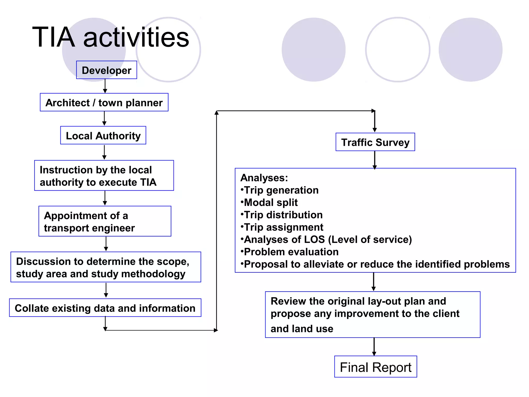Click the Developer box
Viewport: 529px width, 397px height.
click(x=106, y=70)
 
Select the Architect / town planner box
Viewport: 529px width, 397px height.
click(x=104, y=102)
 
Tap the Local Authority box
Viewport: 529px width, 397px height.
click(x=103, y=135)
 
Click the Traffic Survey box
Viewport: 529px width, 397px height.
click(x=375, y=142)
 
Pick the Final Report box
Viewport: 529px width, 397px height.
click(x=375, y=367)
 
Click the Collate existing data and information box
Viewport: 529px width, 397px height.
click(x=105, y=308)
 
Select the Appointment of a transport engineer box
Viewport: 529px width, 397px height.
click(x=105, y=221)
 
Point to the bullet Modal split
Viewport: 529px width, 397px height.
click(x=270, y=202)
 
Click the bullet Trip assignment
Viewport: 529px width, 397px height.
click(x=283, y=227)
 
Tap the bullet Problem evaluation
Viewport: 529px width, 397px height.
click(x=291, y=252)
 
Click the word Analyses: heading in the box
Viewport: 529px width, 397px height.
click(x=264, y=178)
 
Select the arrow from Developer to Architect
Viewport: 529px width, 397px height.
click(x=105, y=86)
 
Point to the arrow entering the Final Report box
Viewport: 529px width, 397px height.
click(x=374, y=347)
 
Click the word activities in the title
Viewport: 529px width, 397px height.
click(x=136, y=38)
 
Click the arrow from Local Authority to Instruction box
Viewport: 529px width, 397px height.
click(x=104, y=152)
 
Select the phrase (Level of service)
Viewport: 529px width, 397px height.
click(x=370, y=240)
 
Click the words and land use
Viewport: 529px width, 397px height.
click(x=302, y=329)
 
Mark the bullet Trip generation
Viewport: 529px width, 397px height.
click(x=281, y=190)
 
